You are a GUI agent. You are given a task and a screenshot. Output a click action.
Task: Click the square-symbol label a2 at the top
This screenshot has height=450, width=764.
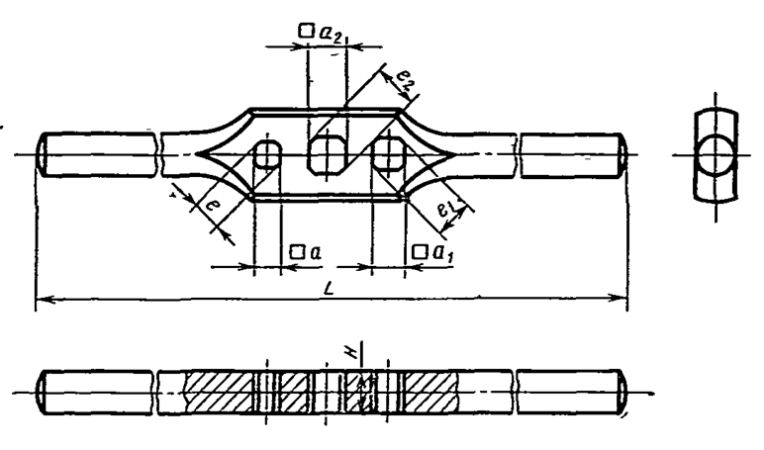[x=321, y=32]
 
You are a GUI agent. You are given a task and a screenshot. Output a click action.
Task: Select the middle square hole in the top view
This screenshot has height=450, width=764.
[x=326, y=153]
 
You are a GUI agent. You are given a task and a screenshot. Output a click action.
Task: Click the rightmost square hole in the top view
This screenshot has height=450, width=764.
[x=389, y=154]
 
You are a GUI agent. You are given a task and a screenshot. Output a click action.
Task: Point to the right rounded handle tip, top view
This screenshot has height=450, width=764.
[x=621, y=154]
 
